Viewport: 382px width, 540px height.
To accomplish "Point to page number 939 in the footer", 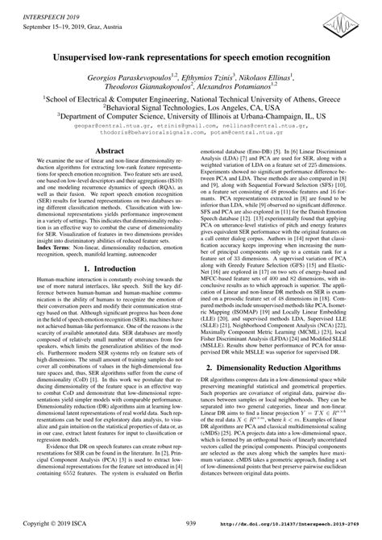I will tap(191, 524).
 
